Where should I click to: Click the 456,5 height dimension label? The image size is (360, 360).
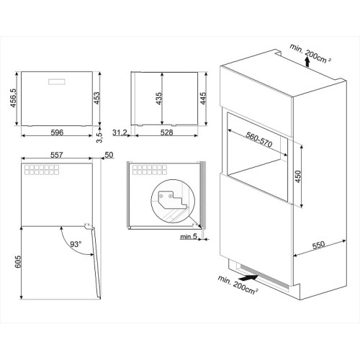13,98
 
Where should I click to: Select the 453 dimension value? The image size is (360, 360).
96,98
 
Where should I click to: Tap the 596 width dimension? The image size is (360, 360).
57,132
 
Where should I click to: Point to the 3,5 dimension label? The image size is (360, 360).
99,138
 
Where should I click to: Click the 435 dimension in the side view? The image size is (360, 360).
158,99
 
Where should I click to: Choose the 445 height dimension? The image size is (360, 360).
203,99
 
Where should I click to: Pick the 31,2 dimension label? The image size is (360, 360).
120,132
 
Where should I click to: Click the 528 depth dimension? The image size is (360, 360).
166,132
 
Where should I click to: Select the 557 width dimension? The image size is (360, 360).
57,155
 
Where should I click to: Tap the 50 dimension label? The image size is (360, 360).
109,155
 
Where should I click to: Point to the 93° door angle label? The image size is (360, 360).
76,244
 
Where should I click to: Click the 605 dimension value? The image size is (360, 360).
18,261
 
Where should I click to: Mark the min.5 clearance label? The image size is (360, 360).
189,237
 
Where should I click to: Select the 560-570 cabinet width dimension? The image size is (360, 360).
259,140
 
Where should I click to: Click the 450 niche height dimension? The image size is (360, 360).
297,176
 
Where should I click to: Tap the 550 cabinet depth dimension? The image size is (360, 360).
318,245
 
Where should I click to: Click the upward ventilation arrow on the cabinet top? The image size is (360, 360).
307,61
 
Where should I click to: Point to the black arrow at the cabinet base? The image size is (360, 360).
249,278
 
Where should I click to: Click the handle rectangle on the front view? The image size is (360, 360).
57,81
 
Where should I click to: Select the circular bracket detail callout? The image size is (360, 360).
173,202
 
